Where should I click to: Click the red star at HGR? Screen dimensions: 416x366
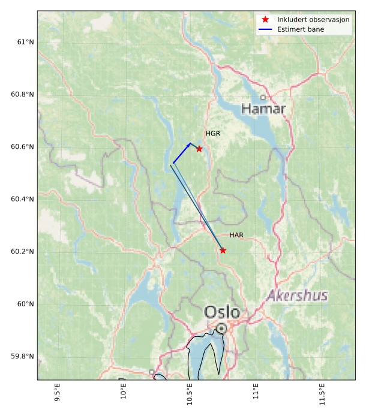[x=199, y=149]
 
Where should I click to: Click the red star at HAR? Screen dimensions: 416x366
[x=223, y=251]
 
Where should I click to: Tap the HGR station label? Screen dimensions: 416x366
[x=212, y=134]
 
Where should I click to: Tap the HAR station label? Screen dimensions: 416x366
[x=236, y=236]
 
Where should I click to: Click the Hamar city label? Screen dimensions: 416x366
[x=263, y=109]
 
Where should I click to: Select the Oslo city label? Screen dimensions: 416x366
[x=222, y=312]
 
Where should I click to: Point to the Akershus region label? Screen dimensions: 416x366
[x=298, y=296]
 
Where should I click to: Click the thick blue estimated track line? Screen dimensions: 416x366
[x=181, y=153]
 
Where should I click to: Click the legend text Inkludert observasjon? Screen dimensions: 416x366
[x=313, y=19]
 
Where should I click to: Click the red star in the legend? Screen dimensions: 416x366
[x=265, y=19]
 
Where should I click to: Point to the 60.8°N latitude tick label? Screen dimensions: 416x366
[x=23, y=95]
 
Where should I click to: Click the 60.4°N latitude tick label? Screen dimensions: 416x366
[x=23, y=199]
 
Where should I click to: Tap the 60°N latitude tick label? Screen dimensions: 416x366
[x=25, y=304]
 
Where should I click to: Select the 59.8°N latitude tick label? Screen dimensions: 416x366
[x=23, y=357]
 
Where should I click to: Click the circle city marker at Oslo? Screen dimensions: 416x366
[x=222, y=328]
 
